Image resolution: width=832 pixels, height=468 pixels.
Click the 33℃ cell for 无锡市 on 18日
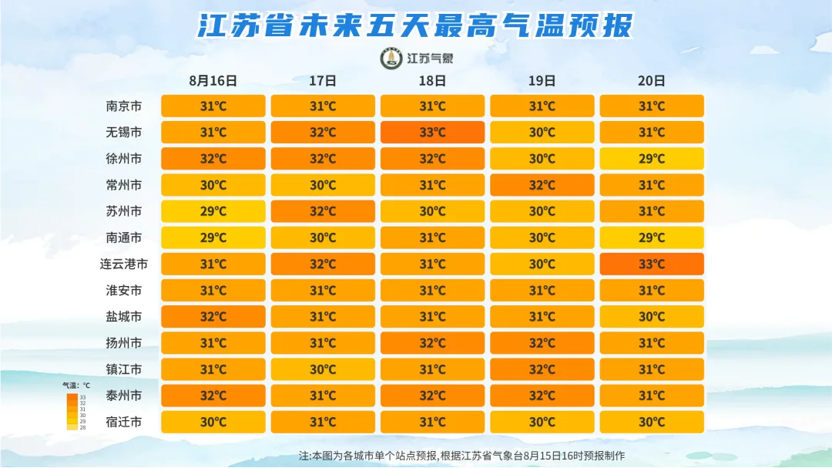point(432,133)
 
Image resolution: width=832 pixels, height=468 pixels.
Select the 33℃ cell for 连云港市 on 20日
point(652,264)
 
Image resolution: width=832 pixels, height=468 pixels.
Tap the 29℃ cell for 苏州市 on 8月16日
point(213,211)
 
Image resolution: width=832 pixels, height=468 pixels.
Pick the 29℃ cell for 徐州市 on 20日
point(652,159)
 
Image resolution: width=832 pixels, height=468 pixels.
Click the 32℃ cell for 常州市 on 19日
point(542,185)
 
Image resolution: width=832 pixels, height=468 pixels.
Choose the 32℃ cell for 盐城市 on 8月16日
point(213,317)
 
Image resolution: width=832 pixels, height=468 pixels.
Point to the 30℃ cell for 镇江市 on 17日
point(323,369)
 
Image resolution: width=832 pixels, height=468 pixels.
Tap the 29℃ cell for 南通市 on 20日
point(652,237)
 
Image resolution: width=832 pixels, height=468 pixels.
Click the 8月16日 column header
point(213,81)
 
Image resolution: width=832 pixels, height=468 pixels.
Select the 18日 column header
point(432,81)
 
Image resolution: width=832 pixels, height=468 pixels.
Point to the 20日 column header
point(652,81)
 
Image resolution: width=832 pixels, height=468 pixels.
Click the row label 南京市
point(123,106)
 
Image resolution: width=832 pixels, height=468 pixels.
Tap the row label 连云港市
point(123,264)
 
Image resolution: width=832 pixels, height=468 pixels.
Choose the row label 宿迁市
point(123,422)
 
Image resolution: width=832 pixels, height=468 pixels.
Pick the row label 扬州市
point(123,343)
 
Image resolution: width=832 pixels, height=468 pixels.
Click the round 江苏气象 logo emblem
point(391,59)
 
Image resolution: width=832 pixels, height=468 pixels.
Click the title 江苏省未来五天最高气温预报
point(415,25)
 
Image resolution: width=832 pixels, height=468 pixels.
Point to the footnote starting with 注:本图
point(461,456)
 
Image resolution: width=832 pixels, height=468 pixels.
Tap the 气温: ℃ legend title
point(76,386)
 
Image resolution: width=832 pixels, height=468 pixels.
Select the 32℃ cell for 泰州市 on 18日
point(432,396)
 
